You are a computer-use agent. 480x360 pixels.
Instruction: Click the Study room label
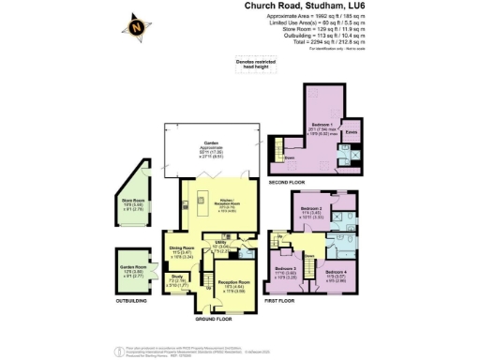point(176,277)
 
